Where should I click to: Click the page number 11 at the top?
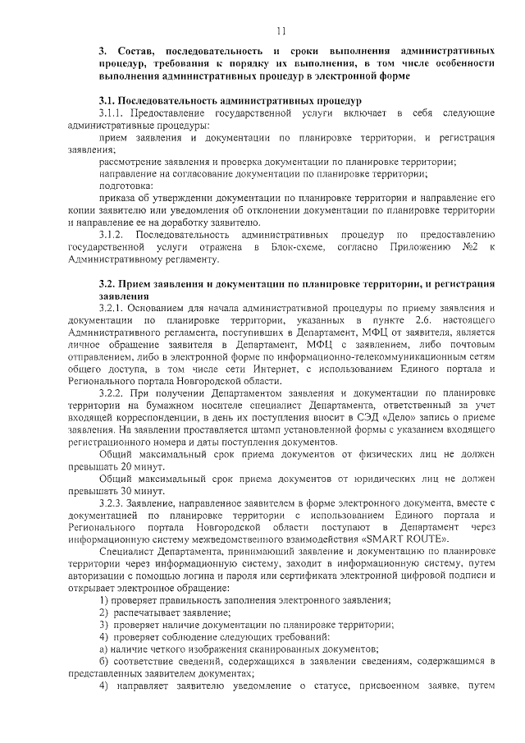[x=281, y=31]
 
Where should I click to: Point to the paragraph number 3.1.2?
[x=113, y=236]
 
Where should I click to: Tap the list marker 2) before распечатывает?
[x=104, y=612]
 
